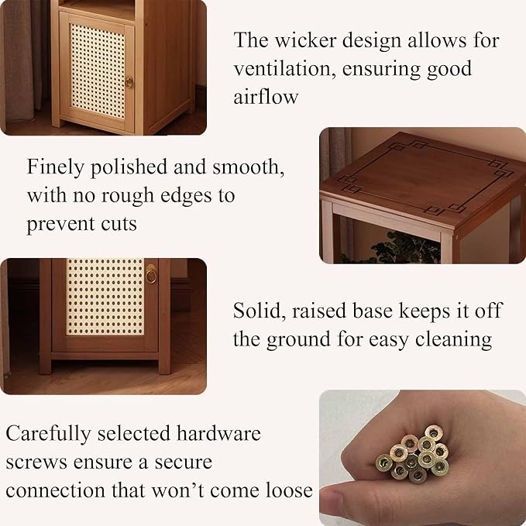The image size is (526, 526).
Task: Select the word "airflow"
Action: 266,97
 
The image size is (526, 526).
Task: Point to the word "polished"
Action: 129,167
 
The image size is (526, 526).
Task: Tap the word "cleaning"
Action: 453,339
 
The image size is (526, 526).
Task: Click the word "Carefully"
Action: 48,434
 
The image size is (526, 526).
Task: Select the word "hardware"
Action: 218,433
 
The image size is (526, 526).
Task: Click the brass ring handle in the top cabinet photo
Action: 129,82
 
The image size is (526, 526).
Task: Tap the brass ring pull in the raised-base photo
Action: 151,273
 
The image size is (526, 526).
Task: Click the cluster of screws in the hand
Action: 414,455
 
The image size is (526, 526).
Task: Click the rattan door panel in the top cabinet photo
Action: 98,70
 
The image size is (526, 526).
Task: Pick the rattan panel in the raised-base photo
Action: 105,297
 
